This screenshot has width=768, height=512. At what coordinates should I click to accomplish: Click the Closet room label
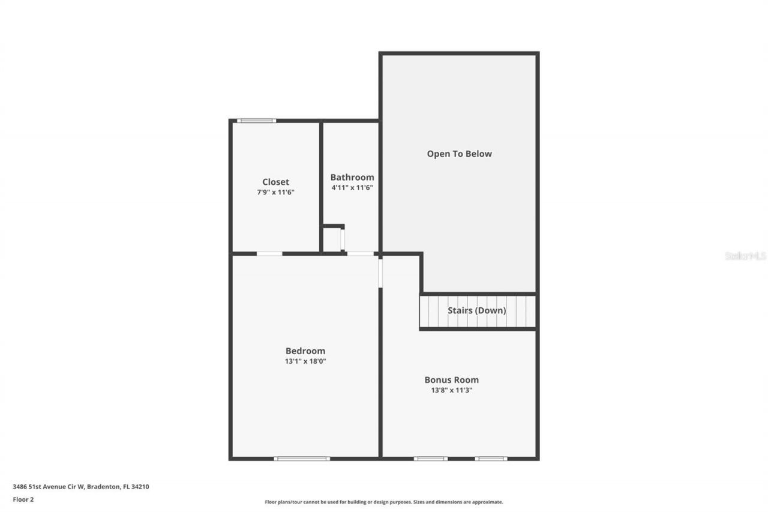coord(275,182)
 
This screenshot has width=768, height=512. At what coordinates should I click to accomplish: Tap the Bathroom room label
coord(352,177)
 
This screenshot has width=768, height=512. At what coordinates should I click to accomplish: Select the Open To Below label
coord(459,154)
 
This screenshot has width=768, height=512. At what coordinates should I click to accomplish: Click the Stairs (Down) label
coord(476,310)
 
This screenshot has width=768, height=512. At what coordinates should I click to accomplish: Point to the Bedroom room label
coord(305,351)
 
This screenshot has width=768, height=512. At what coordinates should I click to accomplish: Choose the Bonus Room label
coord(451,380)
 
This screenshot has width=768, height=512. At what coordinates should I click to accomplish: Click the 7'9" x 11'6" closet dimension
coord(275,193)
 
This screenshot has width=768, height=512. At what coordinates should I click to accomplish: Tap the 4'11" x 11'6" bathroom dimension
coord(352,187)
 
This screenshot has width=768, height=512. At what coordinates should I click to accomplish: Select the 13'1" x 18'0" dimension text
coord(305,361)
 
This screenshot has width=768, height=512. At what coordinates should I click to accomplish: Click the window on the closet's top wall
coord(256,121)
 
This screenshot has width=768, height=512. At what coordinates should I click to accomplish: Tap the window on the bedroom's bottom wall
coord(302,459)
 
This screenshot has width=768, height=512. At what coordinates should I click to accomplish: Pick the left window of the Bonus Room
coord(430,459)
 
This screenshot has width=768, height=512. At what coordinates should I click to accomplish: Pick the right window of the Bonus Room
coord(491,459)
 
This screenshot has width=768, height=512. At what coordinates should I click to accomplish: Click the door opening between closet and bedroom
coord(269,254)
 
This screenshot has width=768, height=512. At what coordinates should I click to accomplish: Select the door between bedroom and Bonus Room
coord(380,272)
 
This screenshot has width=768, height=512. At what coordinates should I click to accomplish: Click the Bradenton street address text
coord(81,487)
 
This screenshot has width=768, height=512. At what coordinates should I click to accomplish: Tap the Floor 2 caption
coord(23,499)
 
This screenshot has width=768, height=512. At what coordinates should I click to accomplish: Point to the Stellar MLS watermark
coord(745,256)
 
